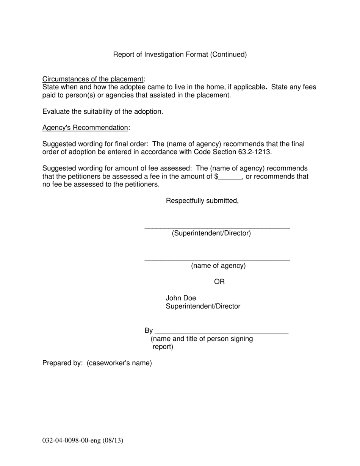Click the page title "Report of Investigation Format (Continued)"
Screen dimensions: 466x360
click(x=180, y=55)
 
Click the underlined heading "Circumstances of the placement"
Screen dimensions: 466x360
click(x=93, y=79)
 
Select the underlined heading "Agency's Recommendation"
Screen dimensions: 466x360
click(x=85, y=128)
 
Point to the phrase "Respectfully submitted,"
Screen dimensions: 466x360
click(x=202, y=201)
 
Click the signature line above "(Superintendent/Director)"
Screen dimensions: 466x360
click(x=217, y=227)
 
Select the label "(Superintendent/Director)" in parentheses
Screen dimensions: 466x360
click(x=211, y=233)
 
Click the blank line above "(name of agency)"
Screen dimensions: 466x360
click(x=217, y=260)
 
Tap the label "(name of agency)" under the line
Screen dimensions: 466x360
click(x=218, y=266)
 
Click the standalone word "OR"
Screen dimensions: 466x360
click(x=219, y=282)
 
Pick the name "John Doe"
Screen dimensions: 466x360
click(x=181, y=298)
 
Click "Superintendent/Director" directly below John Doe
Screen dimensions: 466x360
click(x=203, y=306)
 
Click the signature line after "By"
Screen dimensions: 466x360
click(x=222, y=332)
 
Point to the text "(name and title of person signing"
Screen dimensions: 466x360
click(x=202, y=339)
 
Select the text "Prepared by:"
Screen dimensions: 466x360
click(x=63, y=363)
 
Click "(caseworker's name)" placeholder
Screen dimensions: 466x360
click(x=119, y=363)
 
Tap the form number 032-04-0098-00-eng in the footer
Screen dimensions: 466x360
click(x=71, y=441)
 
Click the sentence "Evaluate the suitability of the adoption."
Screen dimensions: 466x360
click(x=103, y=112)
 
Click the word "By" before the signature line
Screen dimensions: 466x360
click(x=149, y=331)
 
